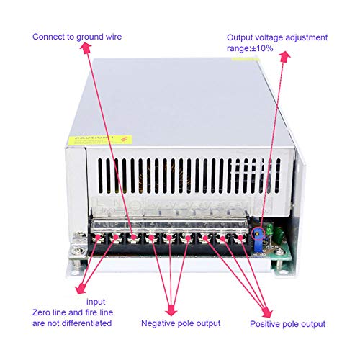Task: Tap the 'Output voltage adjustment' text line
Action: [277, 37]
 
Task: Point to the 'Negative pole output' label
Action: [181, 323]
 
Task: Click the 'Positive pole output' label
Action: [287, 324]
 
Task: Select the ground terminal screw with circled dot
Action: [133, 236]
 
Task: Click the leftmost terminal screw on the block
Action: [96, 236]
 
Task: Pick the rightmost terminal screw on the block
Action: [240, 236]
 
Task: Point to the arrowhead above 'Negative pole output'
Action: [171, 311]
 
